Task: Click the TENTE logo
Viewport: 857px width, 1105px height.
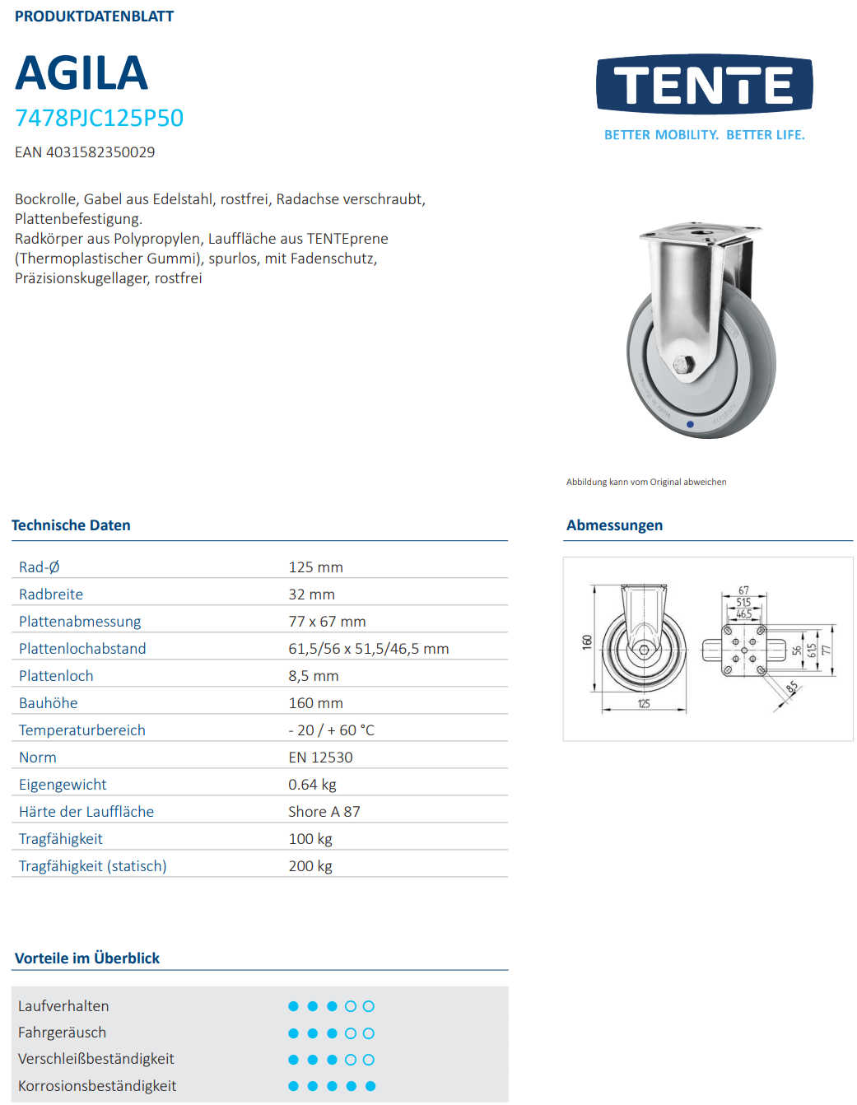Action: point(704,84)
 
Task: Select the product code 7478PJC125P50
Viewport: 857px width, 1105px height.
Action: point(99,118)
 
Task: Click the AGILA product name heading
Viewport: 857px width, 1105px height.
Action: point(82,73)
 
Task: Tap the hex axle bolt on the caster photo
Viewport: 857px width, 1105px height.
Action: point(683,365)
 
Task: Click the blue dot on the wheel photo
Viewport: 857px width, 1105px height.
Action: point(690,425)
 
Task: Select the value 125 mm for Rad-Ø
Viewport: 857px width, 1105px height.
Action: point(315,567)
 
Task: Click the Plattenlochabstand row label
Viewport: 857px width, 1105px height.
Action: point(82,649)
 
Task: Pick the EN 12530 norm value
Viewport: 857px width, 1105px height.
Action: point(320,758)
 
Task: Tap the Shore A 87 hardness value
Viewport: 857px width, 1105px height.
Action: point(324,812)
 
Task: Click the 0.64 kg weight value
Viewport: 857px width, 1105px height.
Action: point(312,785)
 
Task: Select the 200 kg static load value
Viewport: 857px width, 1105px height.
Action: point(310,866)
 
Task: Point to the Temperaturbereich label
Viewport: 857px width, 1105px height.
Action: point(82,730)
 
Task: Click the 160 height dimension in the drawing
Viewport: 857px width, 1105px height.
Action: point(587,641)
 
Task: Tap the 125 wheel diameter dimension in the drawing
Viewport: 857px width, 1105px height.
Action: point(644,703)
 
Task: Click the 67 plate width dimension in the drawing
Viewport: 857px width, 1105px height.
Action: point(743,590)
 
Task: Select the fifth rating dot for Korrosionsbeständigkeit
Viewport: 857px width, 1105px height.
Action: point(370,1086)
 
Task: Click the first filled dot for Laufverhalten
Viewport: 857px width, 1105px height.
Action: point(293,1006)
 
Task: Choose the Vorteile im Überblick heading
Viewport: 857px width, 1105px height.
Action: point(87,958)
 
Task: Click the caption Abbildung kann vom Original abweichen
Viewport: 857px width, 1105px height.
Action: point(646,483)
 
